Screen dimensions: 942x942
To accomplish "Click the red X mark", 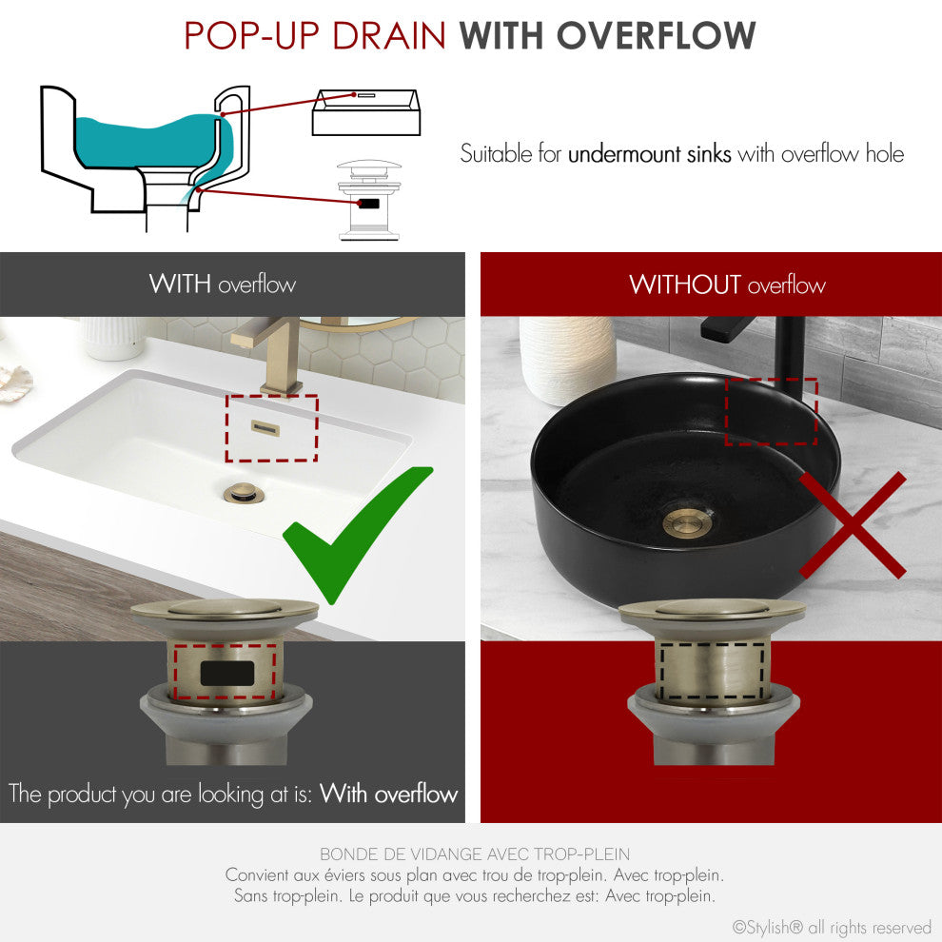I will pyautogui.click(x=853, y=525).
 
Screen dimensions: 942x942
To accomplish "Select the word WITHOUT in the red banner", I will pyautogui.click(x=684, y=285).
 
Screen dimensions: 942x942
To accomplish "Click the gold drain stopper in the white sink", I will pyautogui.click(x=243, y=492).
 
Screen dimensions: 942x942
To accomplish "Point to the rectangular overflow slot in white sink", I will pyautogui.click(x=271, y=428).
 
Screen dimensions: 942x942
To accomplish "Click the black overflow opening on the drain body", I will pyautogui.click(x=226, y=673).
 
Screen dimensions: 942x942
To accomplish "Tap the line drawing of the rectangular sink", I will pyautogui.click(x=363, y=111).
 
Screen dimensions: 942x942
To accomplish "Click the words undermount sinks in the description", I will pyautogui.click(x=650, y=154).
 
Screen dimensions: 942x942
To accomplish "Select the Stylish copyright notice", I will pyautogui.click(x=831, y=927).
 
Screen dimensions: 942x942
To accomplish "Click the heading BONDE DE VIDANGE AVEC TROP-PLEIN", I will pyautogui.click(x=474, y=854).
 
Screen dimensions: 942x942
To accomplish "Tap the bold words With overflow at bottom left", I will pyautogui.click(x=389, y=794).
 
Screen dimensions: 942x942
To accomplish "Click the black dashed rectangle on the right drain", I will pyautogui.click(x=714, y=671).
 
